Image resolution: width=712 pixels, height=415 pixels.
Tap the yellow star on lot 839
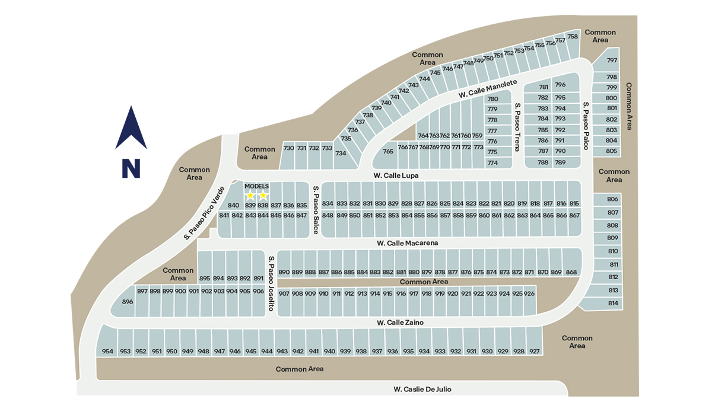click(250, 196)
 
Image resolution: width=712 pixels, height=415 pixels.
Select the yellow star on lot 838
click(263, 196)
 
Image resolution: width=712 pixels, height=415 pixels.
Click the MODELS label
click(256, 186)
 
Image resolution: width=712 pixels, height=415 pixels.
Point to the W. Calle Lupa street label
click(396, 175)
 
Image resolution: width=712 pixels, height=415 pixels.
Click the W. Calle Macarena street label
click(407, 243)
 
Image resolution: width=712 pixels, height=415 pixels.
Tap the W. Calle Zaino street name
click(400, 323)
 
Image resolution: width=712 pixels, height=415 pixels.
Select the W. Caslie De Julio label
click(427, 390)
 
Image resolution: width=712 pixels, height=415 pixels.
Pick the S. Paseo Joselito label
click(271, 283)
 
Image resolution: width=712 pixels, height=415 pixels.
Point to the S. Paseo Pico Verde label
click(204, 213)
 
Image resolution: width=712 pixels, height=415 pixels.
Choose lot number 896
click(128, 302)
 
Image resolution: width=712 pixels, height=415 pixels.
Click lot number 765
click(388, 151)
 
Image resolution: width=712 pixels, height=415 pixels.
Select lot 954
click(107, 352)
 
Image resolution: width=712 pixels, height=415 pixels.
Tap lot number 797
click(612, 61)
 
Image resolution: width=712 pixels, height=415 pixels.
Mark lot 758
click(573, 37)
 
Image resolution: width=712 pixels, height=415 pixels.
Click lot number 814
click(613, 304)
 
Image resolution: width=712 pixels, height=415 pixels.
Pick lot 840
click(233, 205)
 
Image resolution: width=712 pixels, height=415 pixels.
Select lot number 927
click(535, 352)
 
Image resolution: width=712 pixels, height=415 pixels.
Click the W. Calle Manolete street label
click(488, 89)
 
